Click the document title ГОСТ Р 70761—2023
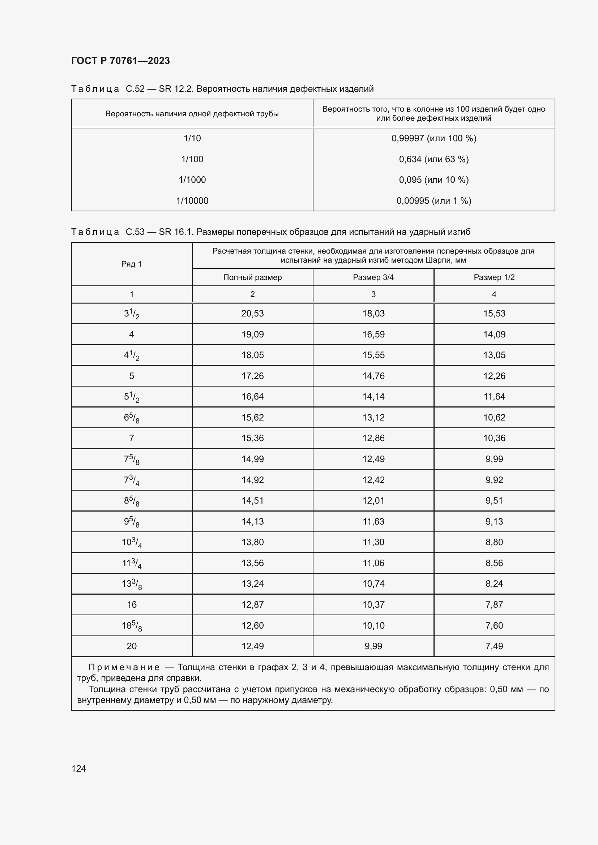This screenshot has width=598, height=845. click(x=120, y=61)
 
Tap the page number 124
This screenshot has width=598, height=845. click(x=78, y=768)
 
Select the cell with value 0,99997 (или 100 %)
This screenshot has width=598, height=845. click(x=433, y=138)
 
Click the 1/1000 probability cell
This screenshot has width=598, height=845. click(x=192, y=180)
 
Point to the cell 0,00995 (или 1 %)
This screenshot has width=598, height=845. click(x=433, y=201)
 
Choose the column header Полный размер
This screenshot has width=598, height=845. click(x=252, y=277)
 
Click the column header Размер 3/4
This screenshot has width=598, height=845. click(x=373, y=277)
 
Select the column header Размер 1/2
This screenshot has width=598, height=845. click(x=494, y=277)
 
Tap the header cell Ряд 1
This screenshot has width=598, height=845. click(x=132, y=264)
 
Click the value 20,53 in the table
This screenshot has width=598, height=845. click(x=252, y=314)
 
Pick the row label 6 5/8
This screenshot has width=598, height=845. click(x=132, y=418)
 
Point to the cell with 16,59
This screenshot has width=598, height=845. click(x=373, y=335)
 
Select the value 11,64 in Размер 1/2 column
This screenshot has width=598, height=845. click(x=494, y=397)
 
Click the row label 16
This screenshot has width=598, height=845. click(x=132, y=605)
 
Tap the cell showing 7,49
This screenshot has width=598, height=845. click(x=494, y=646)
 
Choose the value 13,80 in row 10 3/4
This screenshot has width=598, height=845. click(x=252, y=542)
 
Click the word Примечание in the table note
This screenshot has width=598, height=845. click(x=124, y=667)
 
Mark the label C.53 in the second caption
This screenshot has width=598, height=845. click(x=135, y=232)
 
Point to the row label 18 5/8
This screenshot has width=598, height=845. click(x=132, y=626)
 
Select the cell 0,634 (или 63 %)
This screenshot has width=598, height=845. click(x=433, y=159)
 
